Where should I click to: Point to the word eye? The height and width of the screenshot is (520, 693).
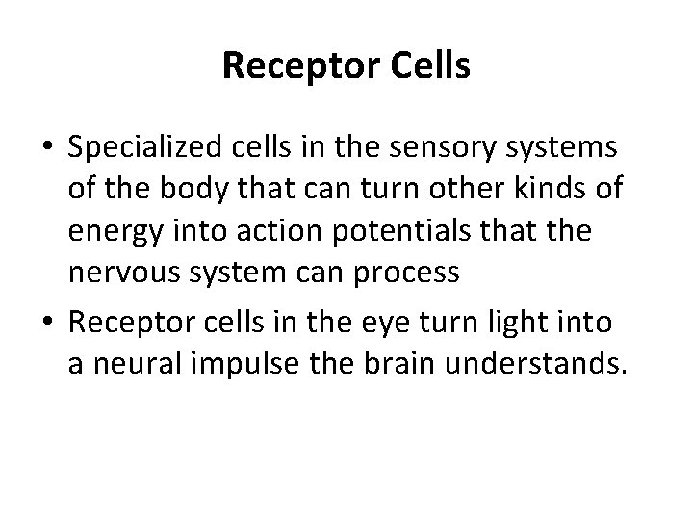pyautogui.click(x=398, y=322)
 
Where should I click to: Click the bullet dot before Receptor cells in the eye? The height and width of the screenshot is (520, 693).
pyautogui.click(x=46, y=324)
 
